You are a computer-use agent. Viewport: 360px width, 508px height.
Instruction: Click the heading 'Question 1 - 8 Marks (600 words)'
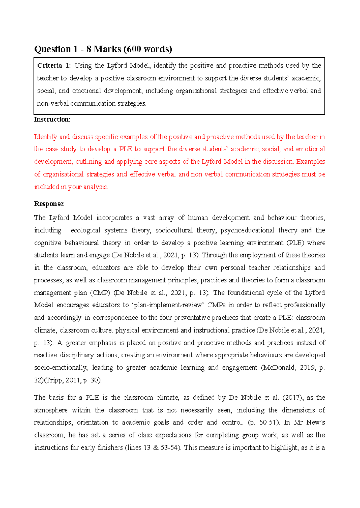(103, 49)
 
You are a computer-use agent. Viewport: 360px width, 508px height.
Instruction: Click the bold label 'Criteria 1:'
(54, 65)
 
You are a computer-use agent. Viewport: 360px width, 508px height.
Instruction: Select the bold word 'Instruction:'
(52, 119)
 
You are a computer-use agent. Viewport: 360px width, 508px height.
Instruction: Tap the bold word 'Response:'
(49, 204)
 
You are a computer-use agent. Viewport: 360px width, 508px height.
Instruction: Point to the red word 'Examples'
(310, 162)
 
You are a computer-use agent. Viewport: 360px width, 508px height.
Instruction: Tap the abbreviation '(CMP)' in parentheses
(101, 293)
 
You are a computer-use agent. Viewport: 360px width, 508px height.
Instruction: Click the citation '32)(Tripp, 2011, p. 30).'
(68, 380)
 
